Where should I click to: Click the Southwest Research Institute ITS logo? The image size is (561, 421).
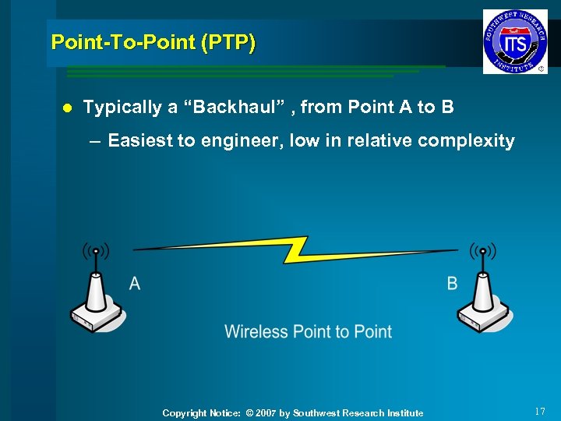click(514, 42)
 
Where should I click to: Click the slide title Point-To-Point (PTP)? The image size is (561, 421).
click(153, 42)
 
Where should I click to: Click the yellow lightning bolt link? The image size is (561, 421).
click(297, 249)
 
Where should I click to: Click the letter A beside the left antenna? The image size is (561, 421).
click(135, 283)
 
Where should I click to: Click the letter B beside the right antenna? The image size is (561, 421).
click(452, 283)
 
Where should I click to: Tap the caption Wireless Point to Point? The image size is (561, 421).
click(308, 331)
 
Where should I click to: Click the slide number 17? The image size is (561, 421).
click(541, 411)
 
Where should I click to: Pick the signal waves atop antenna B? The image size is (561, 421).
click(483, 251)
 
